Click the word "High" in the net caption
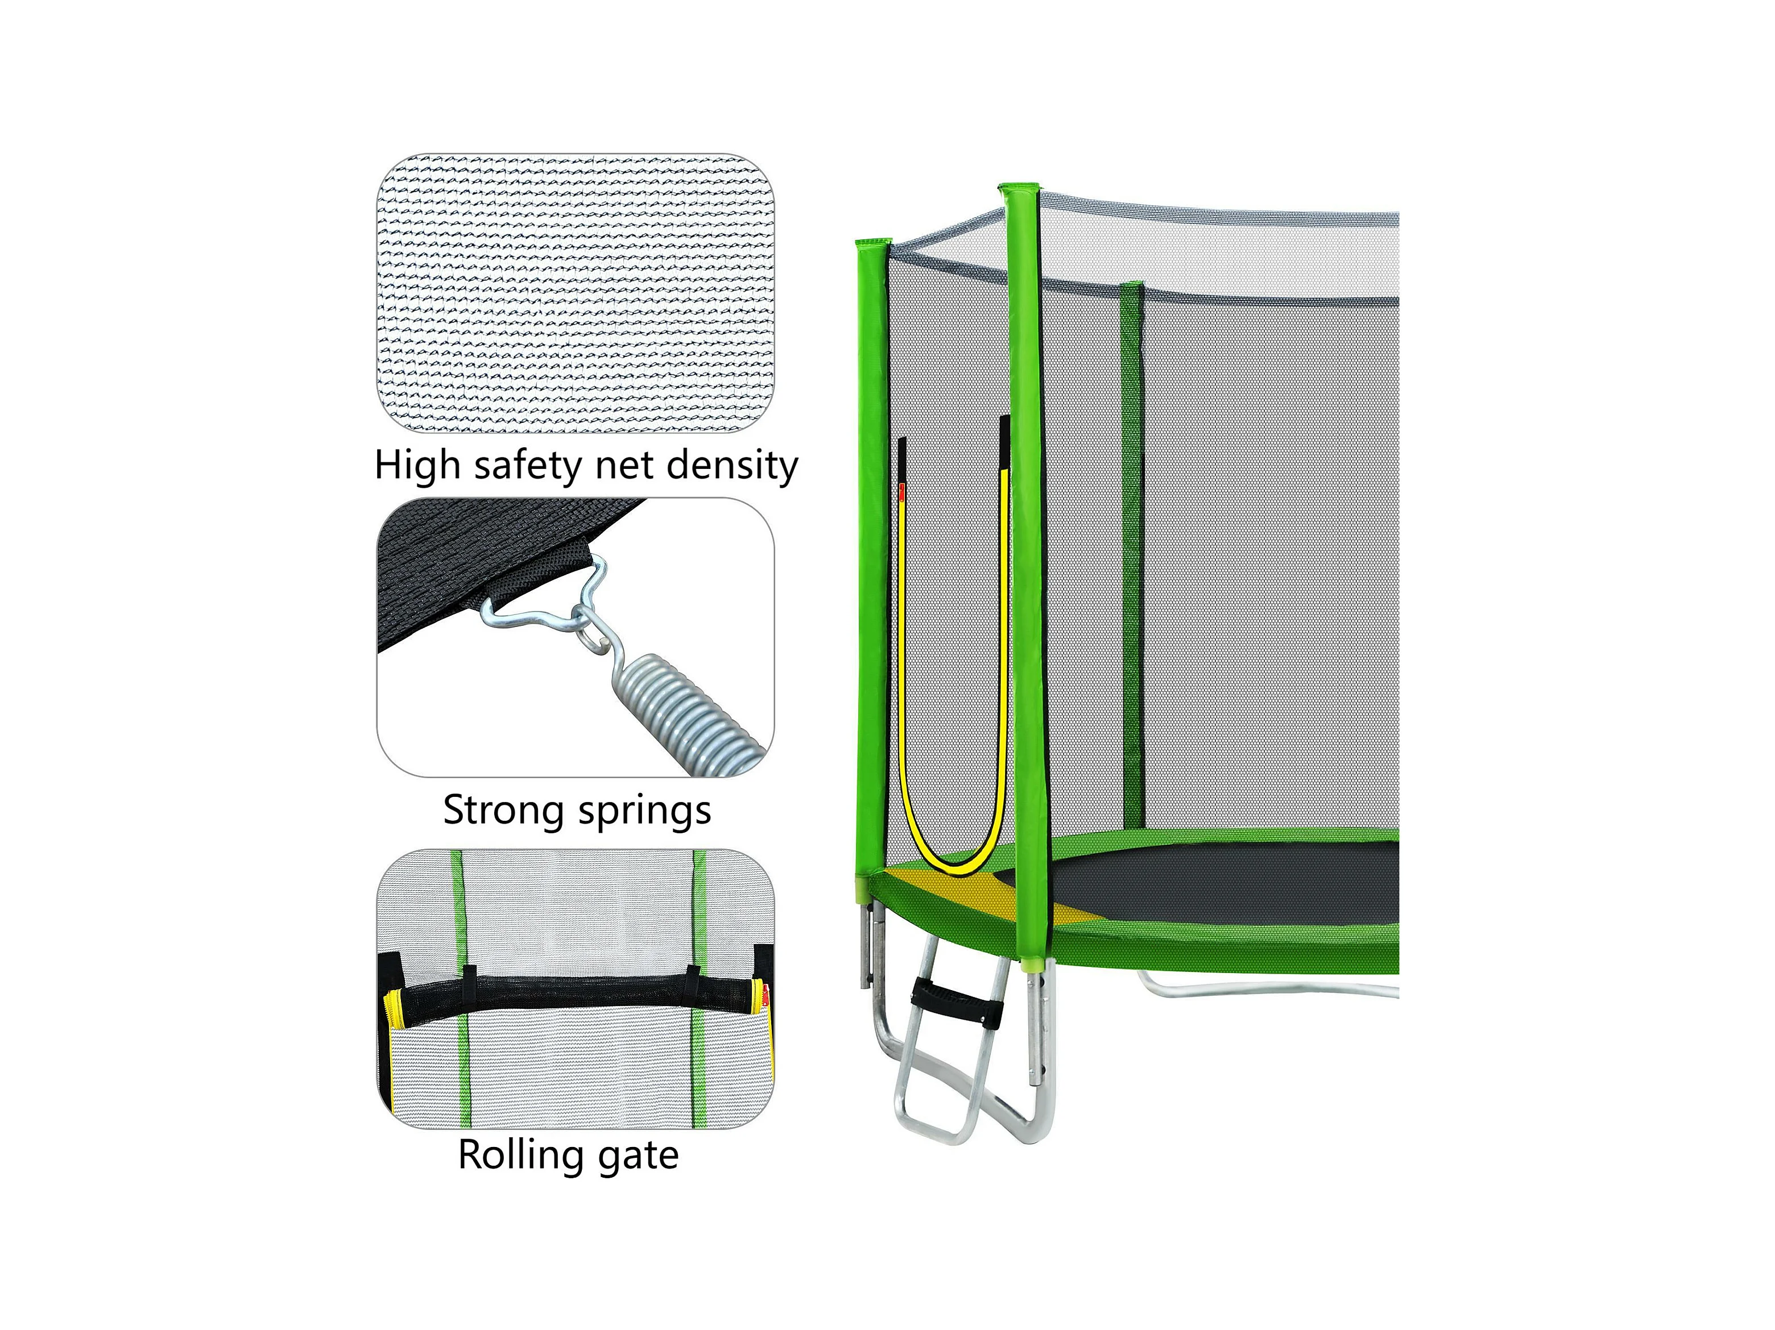pyautogui.click(x=417, y=466)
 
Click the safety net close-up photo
pyautogui.click(x=576, y=292)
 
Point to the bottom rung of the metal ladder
pyautogui.click(x=935, y=1119)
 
